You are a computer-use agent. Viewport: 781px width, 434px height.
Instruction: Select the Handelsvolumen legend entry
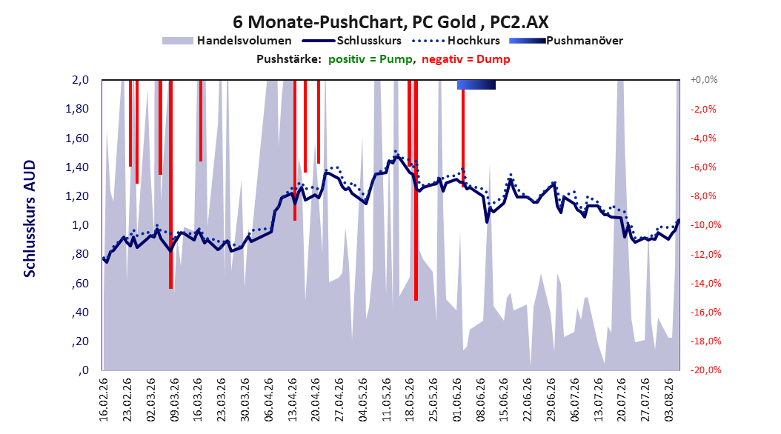click(227, 41)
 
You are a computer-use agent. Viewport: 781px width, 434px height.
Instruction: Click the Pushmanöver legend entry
click(566, 41)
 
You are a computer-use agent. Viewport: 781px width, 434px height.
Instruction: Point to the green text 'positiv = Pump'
click(370, 59)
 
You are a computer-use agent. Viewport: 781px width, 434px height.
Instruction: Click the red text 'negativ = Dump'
click(466, 59)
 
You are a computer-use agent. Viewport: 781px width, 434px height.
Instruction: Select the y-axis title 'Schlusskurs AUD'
click(30, 219)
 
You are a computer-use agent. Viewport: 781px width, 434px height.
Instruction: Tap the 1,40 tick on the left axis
click(77, 167)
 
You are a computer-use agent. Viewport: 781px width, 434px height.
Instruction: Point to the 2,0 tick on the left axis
click(80, 80)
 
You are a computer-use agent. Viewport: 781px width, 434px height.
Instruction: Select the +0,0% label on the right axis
click(704, 80)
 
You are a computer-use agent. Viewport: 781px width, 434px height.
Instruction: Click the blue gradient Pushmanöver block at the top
click(476, 84)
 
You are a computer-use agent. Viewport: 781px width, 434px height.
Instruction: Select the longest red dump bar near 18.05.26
click(416, 190)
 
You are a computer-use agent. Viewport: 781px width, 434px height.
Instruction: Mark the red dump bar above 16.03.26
click(201, 121)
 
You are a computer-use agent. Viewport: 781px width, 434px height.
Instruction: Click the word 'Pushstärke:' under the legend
click(288, 59)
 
